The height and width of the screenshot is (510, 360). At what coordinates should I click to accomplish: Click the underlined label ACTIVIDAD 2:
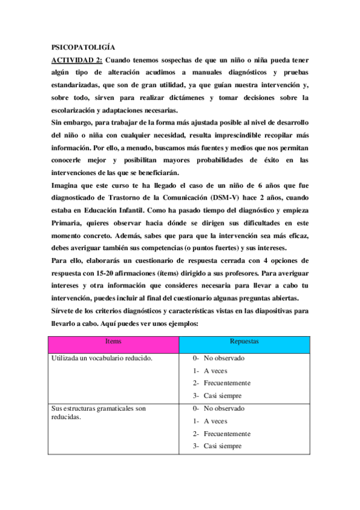77,60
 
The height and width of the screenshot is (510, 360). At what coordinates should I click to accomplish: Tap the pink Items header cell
114,341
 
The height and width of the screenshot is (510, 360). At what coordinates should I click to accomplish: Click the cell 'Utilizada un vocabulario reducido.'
102,358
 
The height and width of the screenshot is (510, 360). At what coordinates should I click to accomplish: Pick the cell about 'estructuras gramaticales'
99,413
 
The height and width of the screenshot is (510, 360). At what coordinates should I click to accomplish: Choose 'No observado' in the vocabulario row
224,358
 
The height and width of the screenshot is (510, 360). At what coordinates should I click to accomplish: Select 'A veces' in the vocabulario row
215,371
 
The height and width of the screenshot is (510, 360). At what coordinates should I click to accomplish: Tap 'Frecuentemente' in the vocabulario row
227,383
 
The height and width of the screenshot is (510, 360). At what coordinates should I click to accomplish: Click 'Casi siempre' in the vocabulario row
222,396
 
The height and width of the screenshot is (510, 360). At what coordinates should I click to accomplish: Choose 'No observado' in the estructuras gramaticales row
224,408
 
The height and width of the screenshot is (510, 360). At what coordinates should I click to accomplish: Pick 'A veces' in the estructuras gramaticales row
215,421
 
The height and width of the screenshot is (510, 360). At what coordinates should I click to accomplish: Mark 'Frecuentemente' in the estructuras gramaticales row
227,434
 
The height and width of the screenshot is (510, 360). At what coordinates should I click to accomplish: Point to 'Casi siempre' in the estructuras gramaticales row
222,446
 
